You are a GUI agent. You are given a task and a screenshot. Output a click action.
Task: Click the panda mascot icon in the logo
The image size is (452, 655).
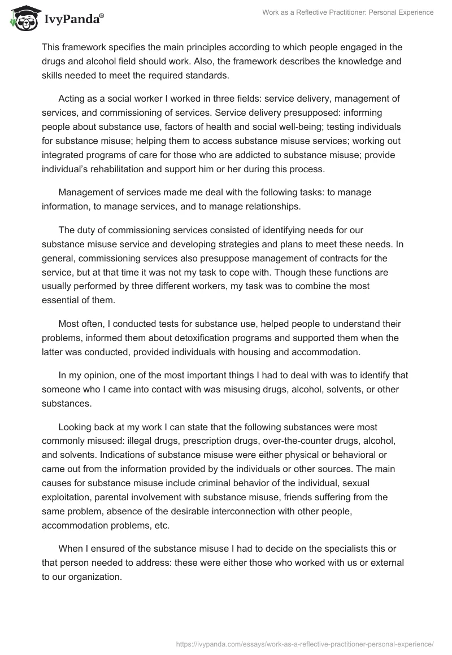23,19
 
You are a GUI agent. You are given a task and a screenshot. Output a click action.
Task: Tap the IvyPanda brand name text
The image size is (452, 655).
73,20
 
